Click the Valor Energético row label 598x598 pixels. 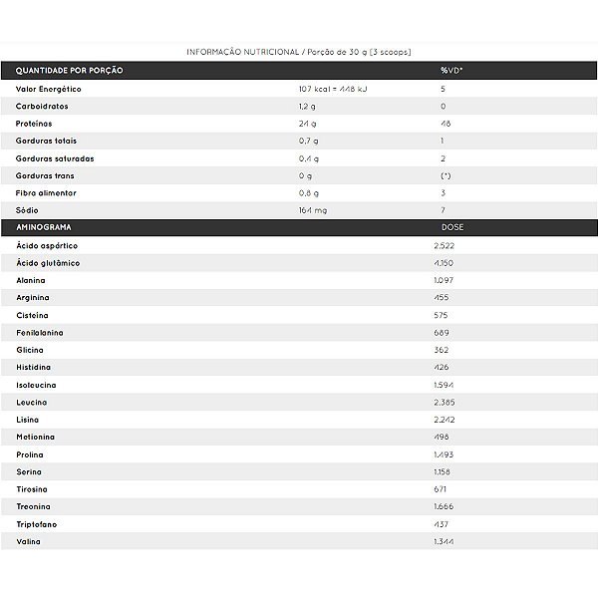[48, 89]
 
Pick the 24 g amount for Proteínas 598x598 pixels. [307, 124]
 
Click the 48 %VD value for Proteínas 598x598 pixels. [445, 124]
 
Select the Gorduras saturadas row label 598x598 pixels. [55, 158]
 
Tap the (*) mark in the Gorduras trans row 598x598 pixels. [445, 175]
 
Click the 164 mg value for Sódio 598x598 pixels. [311, 210]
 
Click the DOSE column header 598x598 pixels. [451, 227]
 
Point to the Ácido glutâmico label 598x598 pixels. [48, 263]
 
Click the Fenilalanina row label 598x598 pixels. [40, 332]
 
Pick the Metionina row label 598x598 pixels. [36, 437]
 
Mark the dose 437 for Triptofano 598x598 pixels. [443, 524]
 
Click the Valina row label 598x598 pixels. [30, 541]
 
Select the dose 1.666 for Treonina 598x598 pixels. [445, 506]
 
